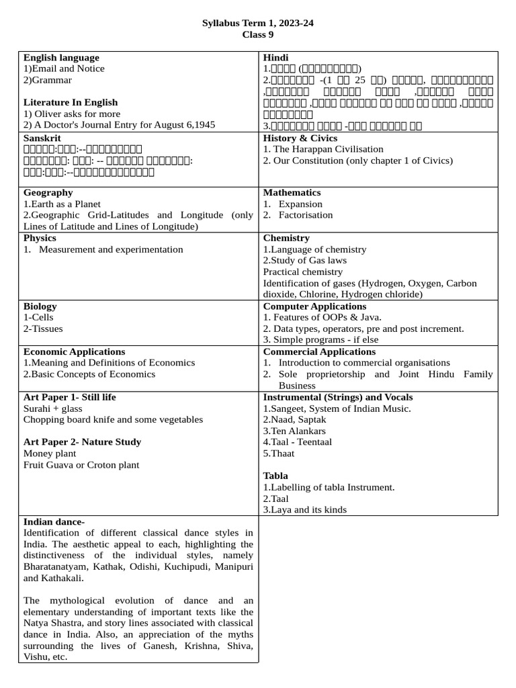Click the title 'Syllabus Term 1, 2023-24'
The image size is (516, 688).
258,24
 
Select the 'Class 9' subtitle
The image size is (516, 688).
258,35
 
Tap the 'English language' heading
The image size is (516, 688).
61,58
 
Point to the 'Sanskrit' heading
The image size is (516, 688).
42,137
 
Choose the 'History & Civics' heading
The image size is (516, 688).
300,137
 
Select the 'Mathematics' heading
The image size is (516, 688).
292,193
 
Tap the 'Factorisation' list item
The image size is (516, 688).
306,215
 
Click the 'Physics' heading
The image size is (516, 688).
40,238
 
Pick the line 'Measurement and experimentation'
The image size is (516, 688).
111,249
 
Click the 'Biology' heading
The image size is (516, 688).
40,306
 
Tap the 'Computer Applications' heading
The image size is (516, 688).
314,306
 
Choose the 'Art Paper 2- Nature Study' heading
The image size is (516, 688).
82,442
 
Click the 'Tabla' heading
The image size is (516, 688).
275,476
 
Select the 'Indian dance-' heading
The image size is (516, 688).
54,522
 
